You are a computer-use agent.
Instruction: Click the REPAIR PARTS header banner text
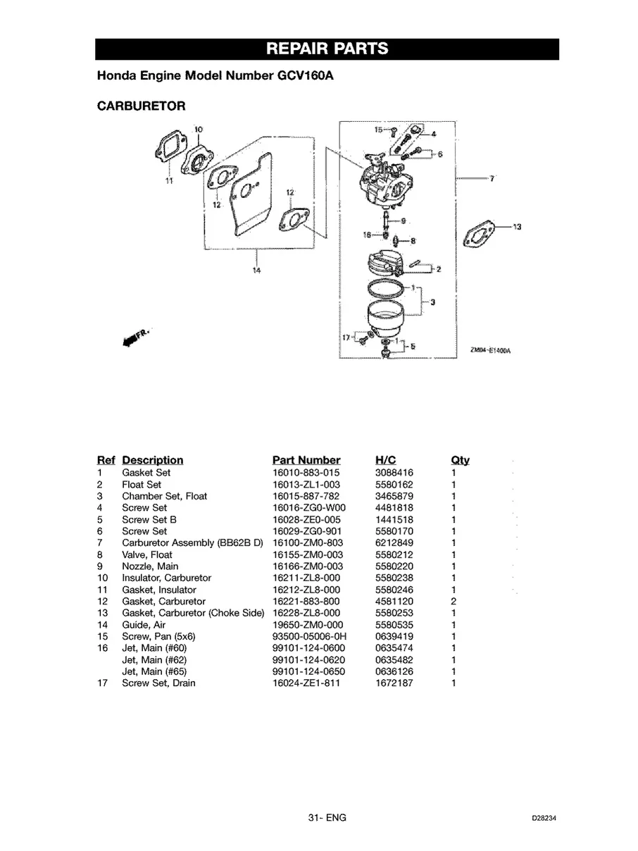(327, 49)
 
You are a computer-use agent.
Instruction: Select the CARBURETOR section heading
(141, 106)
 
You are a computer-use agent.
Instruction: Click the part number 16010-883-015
(306, 473)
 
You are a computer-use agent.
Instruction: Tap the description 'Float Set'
(142, 485)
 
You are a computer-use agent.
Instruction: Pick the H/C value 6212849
(394, 543)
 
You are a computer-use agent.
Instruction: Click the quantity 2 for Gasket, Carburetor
(454, 602)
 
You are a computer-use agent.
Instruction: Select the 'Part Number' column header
(306, 460)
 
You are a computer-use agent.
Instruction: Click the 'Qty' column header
(459, 460)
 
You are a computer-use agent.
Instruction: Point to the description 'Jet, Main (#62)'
(154, 660)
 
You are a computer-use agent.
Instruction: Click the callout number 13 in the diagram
(517, 227)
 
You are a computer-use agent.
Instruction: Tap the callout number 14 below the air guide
(256, 271)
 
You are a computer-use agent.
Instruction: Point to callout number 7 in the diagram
(492, 179)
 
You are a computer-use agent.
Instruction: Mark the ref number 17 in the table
(102, 683)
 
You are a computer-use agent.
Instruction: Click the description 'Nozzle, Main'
(150, 566)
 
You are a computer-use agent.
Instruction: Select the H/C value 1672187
(394, 683)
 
